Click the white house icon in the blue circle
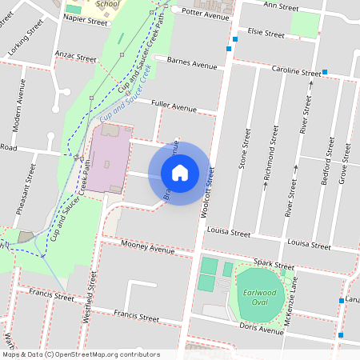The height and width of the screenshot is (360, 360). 180,173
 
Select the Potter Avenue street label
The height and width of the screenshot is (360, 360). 206,13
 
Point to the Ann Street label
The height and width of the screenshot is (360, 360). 281,7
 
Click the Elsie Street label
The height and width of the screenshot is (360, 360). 266,34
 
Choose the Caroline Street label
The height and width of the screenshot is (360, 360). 296,71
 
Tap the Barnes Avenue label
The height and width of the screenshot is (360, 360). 192,64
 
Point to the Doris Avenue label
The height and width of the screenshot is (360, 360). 260,328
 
